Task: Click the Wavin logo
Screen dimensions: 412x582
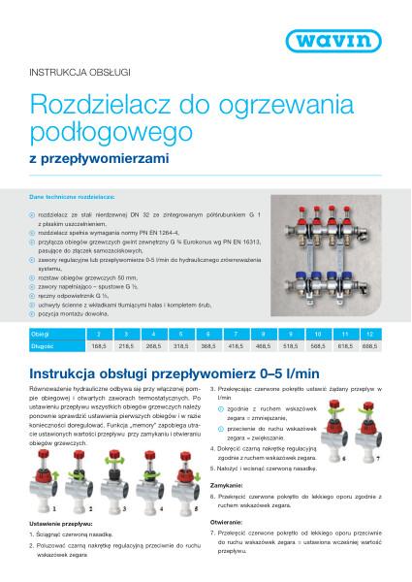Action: click(x=353, y=40)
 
